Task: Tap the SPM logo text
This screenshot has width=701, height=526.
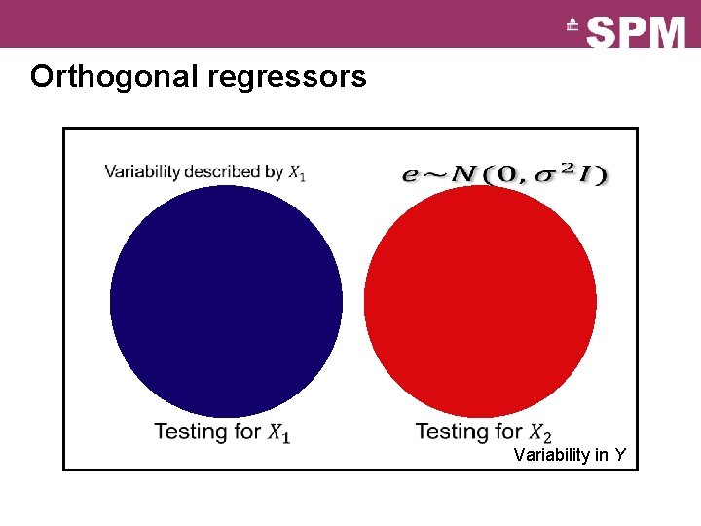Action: pos(637,33)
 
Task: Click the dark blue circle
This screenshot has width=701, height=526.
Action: pos(226,301)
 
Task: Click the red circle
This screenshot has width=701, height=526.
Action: pos(480,301)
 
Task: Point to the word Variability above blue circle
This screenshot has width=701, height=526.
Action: pos(141,172)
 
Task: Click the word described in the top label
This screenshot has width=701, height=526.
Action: pos(223,172)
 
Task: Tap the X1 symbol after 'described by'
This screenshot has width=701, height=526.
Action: pos(297,173)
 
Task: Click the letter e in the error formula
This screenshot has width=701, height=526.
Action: pos(411,175)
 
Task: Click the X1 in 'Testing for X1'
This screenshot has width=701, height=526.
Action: pos(278,432)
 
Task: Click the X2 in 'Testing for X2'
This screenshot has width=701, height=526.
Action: pos(539,432)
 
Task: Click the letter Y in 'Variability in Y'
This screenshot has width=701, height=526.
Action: pos(619,455)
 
